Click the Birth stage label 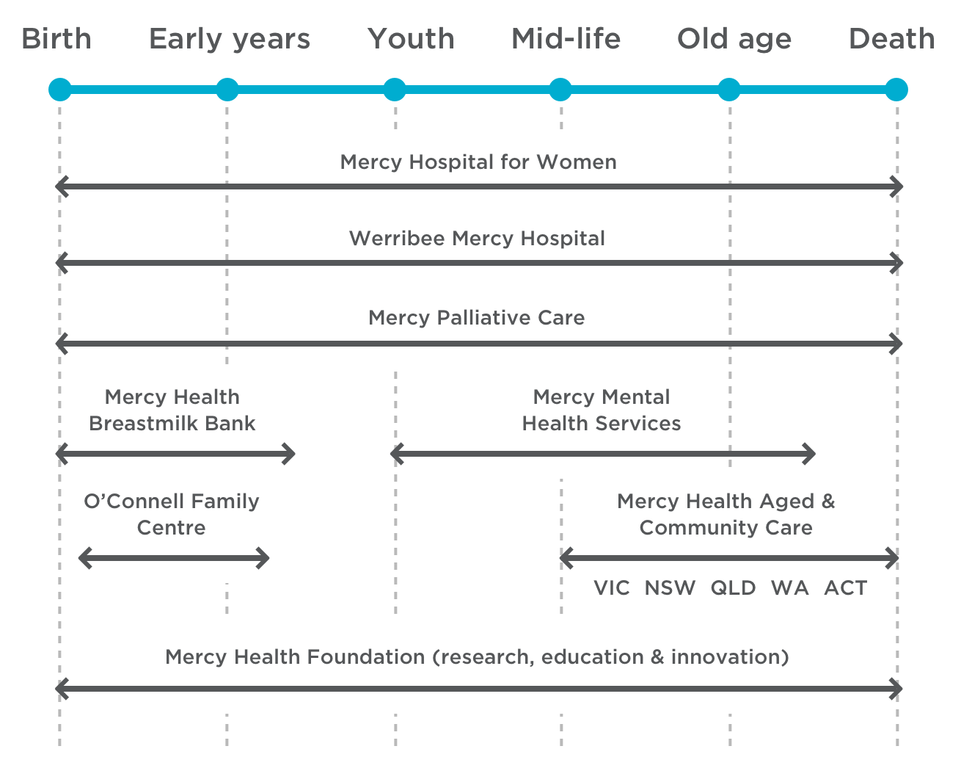click(56, 39)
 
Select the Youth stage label click(411, 39)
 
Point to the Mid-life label click(566, 39)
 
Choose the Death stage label click(891, 39)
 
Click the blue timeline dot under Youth click(395, 90)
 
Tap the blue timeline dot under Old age click(728, 90)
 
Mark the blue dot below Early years click(227, 90)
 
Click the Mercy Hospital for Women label click(478, 162)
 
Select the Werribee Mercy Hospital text click(477, 239)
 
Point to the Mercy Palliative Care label click(477, 318)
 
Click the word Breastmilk click(147, 424)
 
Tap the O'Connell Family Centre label click(172, 514)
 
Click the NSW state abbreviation click(670, 588)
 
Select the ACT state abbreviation click(846, 588)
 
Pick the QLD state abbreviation click(733, 588)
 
